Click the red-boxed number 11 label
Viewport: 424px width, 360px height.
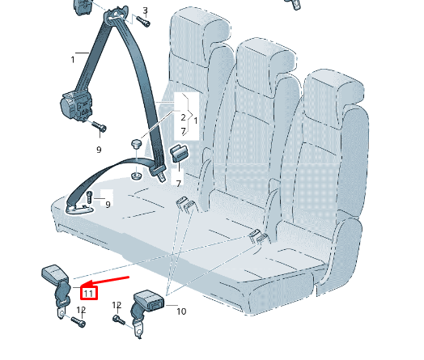(x=89, y=294)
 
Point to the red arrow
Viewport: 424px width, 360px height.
(x=105, y=282)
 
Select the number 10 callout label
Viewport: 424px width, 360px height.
(x=181, y=311)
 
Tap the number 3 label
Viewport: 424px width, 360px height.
(x=146, y=11)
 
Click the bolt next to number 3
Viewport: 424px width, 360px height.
(x=143, y=22)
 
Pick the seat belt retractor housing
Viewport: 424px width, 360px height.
(x=77, y=107)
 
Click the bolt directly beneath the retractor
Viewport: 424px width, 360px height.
(x=99, y=126)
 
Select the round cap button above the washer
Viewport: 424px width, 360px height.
(x=137, y=143)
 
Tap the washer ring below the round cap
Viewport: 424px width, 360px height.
(x=137, y=176)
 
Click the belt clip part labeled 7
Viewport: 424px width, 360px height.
(x=180, y=153)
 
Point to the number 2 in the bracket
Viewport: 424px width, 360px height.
(x=184, y=117)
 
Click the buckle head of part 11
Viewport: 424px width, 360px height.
(x=55, y=273)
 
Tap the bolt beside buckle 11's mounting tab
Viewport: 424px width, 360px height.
(x=78, y=322)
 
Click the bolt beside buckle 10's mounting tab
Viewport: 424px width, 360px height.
(x=119, y=320)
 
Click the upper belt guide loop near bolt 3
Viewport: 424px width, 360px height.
(x=116, y=15)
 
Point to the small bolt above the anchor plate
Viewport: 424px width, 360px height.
(x=90, y=197)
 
